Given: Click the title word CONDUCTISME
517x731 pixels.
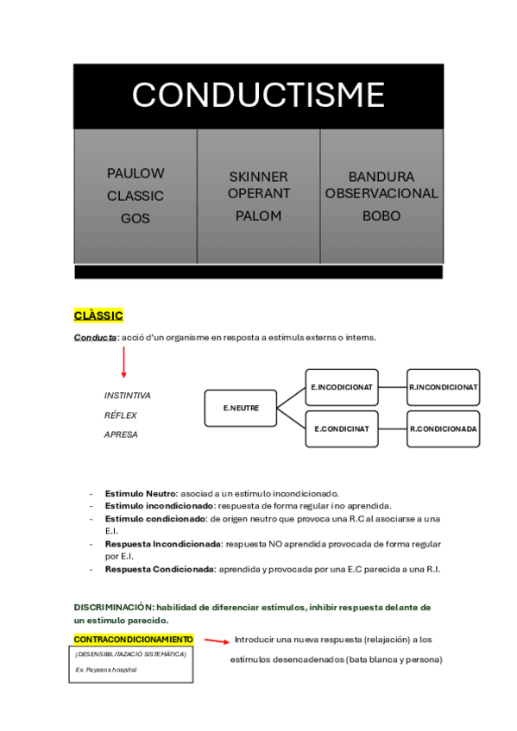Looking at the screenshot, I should point(258,94).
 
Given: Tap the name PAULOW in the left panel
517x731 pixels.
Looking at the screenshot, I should point(136,173).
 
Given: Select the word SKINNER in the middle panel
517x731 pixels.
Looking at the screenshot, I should point(258,177).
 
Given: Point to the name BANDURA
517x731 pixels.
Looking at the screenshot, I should point(381,177).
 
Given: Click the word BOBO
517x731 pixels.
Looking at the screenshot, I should point(381,216).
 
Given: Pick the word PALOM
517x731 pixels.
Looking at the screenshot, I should point(258,216).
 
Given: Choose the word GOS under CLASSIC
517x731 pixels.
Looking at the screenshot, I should point(136,219).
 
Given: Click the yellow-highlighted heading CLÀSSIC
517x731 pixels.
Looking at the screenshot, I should point(98,316).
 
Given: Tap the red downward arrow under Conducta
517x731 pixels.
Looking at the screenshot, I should point(123,363).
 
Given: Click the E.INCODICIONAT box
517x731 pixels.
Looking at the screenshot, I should point(342,387).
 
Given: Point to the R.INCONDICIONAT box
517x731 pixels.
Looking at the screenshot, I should point(443,387).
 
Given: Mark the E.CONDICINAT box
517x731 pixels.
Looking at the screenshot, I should point(342,428).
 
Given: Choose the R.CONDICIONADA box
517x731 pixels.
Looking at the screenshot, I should point(443,428).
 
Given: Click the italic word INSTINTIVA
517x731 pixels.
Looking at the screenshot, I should point(127,396).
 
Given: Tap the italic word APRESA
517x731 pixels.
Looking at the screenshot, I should point(121,434).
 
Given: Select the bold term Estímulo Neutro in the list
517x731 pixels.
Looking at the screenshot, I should point(140,493).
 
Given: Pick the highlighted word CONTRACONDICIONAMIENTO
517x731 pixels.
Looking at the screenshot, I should point(134,640).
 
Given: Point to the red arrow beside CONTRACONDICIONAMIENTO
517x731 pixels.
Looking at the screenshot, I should point(216,641).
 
